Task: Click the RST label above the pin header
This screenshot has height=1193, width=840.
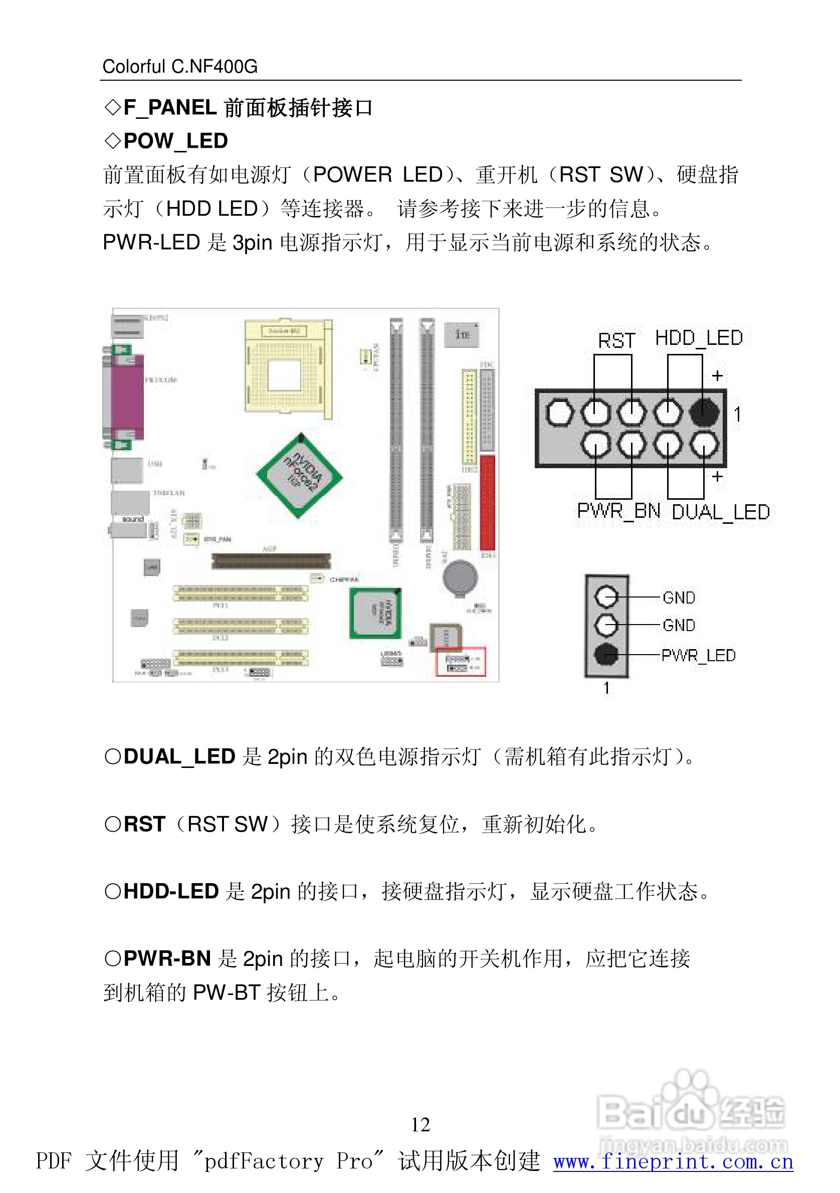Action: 616,341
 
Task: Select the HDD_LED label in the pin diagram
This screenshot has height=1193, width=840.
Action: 698,338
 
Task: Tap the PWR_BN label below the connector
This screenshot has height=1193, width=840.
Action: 618,511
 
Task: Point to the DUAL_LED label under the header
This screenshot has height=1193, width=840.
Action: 721,512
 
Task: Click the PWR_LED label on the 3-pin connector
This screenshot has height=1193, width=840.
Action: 698,655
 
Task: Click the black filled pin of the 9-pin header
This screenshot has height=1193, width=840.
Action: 704,412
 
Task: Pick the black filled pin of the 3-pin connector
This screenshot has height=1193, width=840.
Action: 606,654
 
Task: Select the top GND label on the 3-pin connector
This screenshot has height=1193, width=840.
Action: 679,598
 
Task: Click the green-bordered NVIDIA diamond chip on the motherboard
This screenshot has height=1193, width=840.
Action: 300,475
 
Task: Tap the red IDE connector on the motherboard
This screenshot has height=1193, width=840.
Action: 487,502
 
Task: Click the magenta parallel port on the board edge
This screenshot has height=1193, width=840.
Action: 126,397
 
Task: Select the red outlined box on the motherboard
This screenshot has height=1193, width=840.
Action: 460,662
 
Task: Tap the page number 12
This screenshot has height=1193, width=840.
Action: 421,1125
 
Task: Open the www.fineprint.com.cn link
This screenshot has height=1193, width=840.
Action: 673,1162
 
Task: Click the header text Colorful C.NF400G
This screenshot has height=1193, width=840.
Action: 180,67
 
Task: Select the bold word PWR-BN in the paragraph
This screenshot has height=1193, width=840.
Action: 167,958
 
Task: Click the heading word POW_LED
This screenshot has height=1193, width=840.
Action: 175,141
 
